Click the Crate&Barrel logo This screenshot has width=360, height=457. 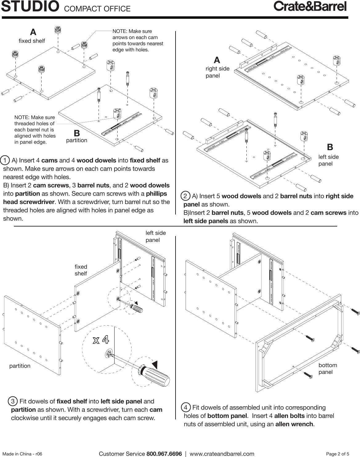310,6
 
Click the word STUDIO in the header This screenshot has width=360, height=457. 30,7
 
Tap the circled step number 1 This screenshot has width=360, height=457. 5,160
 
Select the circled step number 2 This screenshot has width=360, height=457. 185,196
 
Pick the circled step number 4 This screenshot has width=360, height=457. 186,408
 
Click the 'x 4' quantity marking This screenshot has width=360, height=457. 101,340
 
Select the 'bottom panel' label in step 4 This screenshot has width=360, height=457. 327,368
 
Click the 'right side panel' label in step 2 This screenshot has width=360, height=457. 217,72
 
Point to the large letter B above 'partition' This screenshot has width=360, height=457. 77,133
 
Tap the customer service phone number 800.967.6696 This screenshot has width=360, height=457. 164,454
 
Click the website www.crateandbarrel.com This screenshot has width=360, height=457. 222,454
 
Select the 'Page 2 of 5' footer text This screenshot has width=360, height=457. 338,454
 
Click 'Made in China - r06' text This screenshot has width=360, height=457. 22,454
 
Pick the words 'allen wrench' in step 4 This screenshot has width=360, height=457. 294,424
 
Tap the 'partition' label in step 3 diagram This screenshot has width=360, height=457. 20,366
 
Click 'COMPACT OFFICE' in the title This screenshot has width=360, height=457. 97,9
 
